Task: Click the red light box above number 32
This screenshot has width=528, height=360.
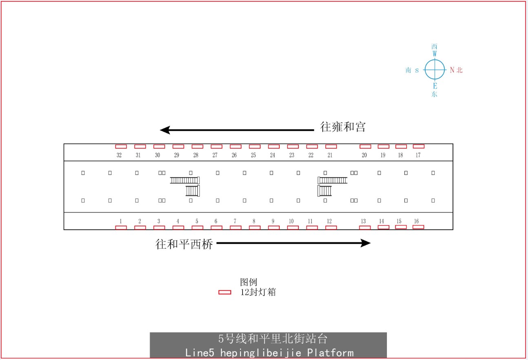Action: click(x=121, y=147)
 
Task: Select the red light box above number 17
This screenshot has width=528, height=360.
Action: click(x=419, y=146)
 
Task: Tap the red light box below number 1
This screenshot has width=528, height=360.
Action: click(x=121, y=228)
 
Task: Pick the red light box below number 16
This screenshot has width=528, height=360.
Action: click(x=418, y=227)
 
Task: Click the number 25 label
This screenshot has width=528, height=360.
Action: click(x=253, y=155)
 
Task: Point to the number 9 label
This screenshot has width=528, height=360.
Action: click(x=273, y=221)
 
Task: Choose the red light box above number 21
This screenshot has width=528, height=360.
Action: click(x=331, y=147)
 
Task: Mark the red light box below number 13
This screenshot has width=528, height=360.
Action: click(x=365, y=228)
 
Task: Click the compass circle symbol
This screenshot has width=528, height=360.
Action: click(x=435, y=60)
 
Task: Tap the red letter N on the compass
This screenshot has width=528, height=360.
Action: click(x=452, y=70)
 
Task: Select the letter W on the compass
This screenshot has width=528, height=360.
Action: click(x=435, y=54)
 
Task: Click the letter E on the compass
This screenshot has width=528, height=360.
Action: click(x=435, y=86)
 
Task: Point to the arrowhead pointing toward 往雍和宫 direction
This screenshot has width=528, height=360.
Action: click(x=165, y=130)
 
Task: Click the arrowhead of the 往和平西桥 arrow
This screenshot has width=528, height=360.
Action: click(x=366, y=243)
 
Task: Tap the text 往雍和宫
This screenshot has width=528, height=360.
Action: click(x=343, y=127)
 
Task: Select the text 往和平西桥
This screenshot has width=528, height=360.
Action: click(x=184, y=244)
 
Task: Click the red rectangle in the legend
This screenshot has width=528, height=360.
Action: click(x=225, y=292)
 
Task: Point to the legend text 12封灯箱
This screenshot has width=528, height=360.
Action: click(x=258, y=292)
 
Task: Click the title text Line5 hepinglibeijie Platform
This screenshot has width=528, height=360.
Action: click(x=269, y=353)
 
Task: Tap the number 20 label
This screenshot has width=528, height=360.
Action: click(x=364, y=155)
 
